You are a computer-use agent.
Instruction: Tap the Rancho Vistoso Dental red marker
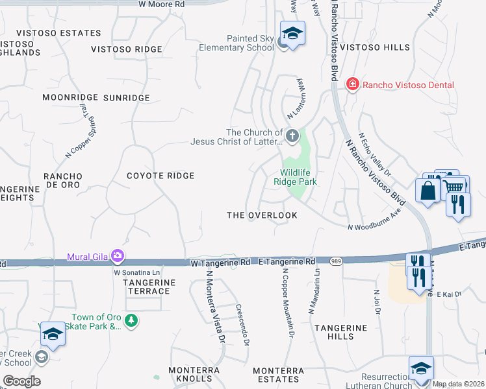tap(352, 84)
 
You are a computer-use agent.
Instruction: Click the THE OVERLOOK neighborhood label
tap(262, 215)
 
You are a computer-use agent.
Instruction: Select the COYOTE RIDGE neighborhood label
tap(160, 176)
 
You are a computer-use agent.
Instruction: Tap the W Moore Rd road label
tap(162, 4)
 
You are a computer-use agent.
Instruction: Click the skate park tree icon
tap(131, 321)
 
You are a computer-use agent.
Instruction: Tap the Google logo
tap(21, 381)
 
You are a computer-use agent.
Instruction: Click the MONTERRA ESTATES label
tap(277, 374)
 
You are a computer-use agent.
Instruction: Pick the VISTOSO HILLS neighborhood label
tap(376, 47)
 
